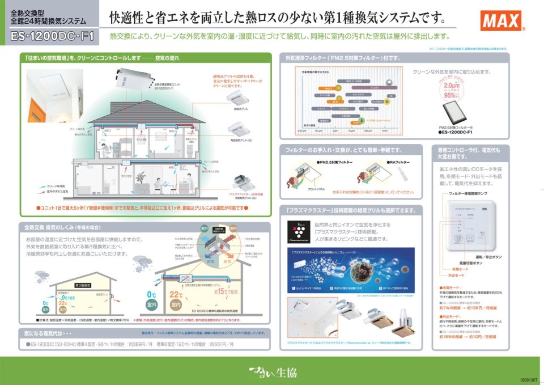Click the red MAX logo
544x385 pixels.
point(500,22)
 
